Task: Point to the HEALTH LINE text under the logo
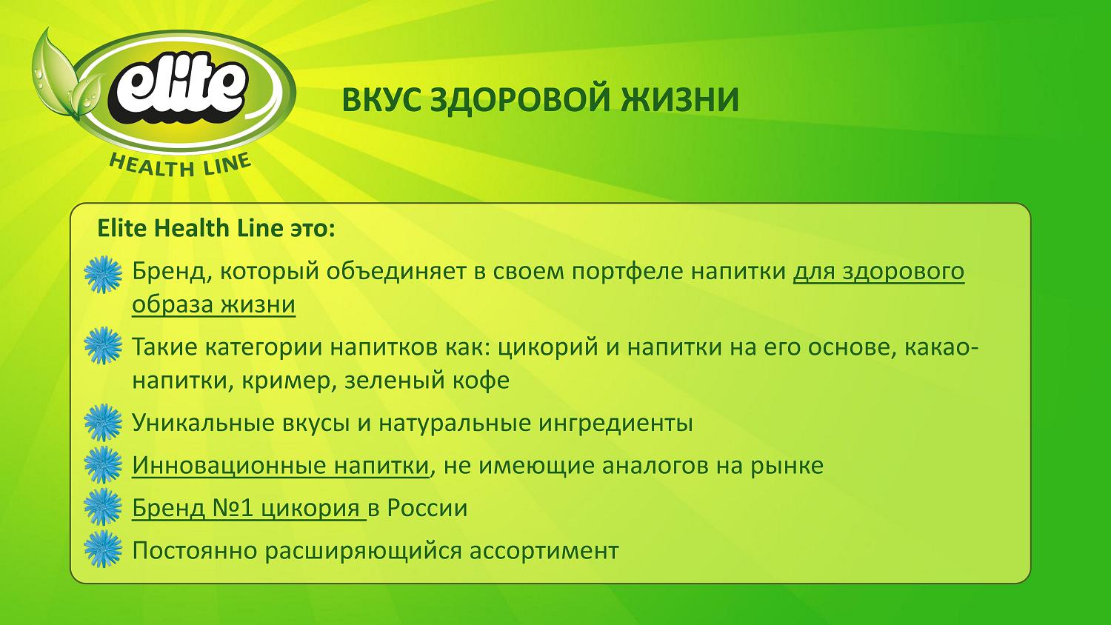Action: [179, 164]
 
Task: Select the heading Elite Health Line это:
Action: [216, 229]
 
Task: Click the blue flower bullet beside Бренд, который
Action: [103, 274]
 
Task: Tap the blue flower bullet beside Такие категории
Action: [103, 345]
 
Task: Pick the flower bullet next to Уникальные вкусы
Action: [103, 423]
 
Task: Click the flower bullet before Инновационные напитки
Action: [103, 465]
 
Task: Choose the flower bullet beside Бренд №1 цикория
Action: [103, 507]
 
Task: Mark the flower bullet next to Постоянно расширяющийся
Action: [103, 549]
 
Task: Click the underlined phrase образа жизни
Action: [214, 304]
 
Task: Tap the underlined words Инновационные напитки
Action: [280, 466]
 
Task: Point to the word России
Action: [427, 508]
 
